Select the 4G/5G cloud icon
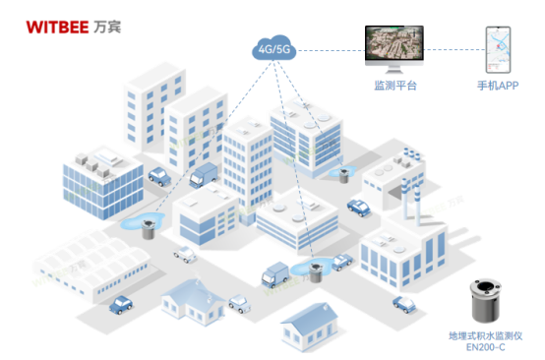tap(275, 49)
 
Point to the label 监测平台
tap(394, 87)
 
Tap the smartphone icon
tap(497, 49)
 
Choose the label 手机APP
tap(498, 87)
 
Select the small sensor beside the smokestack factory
tap(345, 175)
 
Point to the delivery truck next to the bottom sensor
tap(276, 272)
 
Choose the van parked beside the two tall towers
tap(201, 175)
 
